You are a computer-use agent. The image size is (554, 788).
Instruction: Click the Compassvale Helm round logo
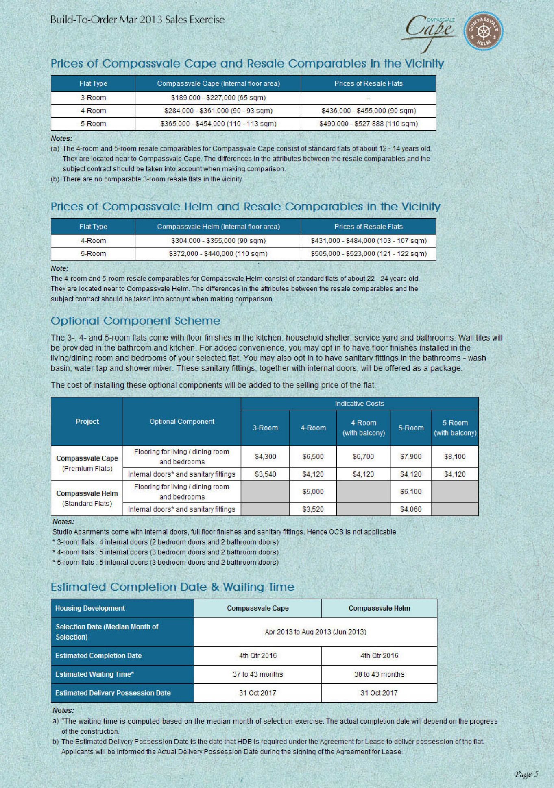483,31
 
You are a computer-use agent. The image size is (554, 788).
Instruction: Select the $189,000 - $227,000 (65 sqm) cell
218,98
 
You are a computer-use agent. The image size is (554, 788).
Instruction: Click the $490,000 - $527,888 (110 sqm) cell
368,124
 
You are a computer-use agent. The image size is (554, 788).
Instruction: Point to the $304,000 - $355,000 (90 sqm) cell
218,241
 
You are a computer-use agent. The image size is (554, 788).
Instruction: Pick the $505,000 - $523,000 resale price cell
369,254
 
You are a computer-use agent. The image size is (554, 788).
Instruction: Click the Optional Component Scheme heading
135,321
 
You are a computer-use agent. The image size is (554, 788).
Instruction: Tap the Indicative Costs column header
359,404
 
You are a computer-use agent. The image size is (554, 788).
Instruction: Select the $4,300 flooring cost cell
265,456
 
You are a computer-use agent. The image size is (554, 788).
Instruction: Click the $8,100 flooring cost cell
454,456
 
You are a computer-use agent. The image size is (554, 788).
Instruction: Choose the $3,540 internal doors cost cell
265,474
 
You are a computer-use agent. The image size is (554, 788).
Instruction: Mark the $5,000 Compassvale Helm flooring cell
313,492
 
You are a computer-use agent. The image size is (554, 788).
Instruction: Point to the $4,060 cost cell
410,509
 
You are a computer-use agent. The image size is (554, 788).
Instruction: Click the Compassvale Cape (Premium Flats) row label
87,463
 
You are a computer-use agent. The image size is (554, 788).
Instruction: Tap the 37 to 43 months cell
257,674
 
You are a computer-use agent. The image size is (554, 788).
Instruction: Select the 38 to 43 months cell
379,674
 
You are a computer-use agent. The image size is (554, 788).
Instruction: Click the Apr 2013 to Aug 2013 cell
315,632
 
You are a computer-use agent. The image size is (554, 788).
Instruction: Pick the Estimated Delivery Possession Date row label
113,693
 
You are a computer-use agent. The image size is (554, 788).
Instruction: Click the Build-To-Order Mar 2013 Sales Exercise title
137,20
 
